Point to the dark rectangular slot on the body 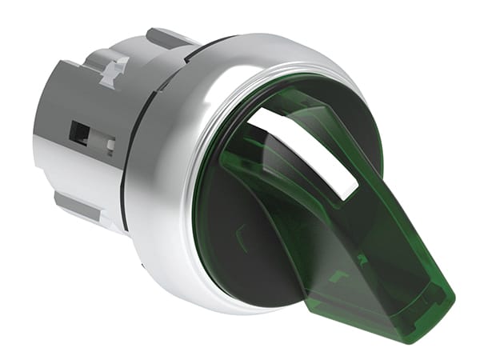(80, 133)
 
